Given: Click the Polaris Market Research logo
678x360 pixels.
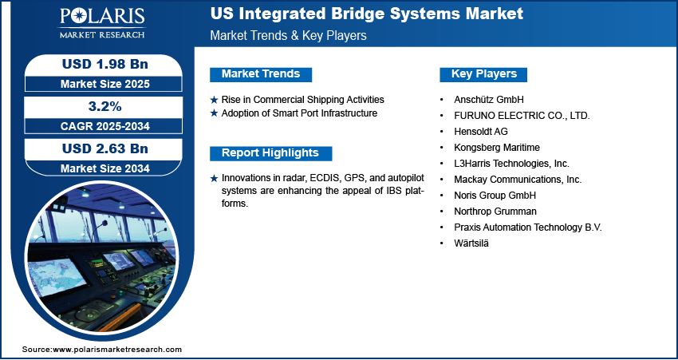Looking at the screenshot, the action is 102,22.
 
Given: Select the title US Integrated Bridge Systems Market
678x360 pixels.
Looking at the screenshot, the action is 367,14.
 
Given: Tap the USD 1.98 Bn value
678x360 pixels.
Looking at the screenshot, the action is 105,64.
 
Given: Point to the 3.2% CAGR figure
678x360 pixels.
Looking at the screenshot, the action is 105,106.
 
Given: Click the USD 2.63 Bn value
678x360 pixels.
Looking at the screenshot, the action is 105,148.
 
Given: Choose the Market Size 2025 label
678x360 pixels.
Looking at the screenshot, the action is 105,84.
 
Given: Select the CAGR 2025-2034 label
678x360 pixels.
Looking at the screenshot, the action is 105,126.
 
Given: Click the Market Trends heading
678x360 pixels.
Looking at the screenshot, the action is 261,74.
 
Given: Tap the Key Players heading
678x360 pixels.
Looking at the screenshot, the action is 484,74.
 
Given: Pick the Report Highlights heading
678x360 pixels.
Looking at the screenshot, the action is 270,153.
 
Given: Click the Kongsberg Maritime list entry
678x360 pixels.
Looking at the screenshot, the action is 497,148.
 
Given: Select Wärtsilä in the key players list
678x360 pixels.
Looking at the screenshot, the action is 471,243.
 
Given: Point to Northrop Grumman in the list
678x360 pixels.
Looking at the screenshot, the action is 495,212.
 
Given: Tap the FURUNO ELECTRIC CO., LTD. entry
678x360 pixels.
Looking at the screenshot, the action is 522,116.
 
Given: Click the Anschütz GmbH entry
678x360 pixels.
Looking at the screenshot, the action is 489,100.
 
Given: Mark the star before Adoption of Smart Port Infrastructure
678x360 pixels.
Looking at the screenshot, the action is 214,114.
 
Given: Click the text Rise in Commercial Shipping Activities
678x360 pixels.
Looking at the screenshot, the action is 302,100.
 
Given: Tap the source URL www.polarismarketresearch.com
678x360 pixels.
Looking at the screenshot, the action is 117,350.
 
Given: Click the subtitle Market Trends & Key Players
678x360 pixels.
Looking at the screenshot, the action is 289,35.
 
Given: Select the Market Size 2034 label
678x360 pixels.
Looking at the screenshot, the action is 105,168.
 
